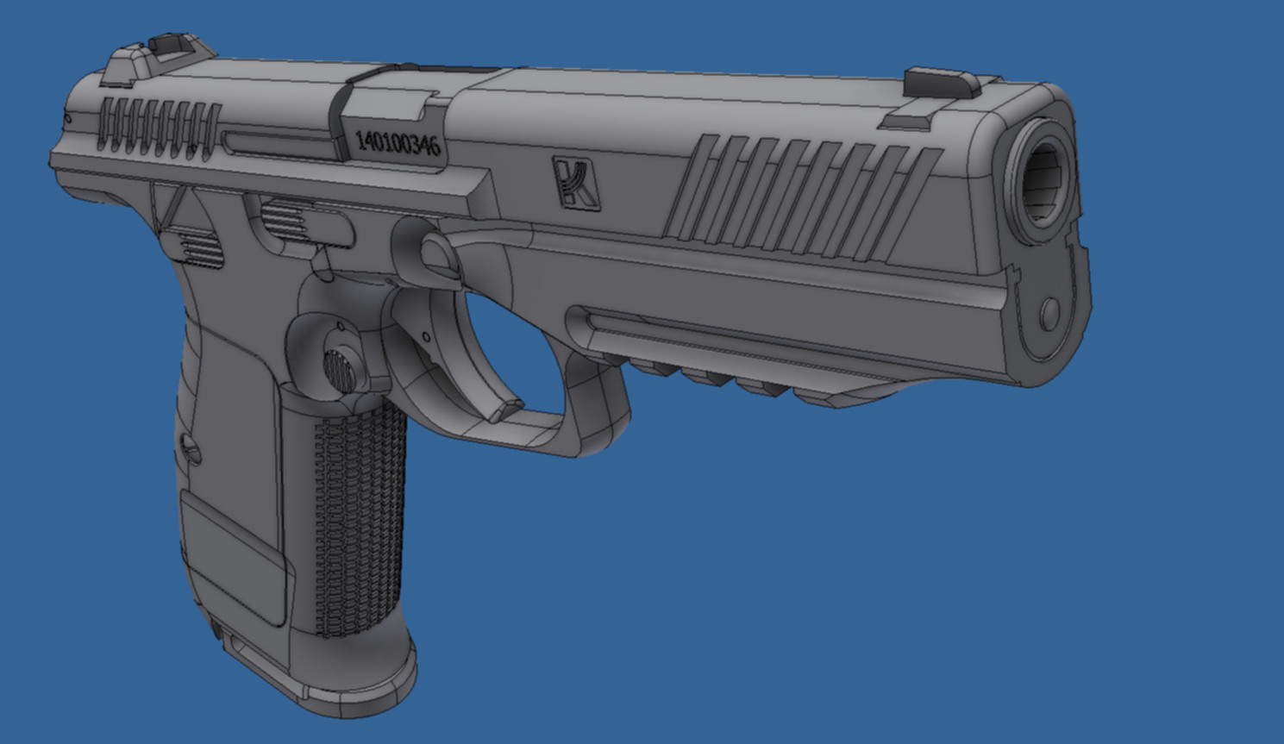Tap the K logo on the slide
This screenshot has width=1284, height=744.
[576, 183]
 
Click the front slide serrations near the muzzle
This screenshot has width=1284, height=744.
[803, 197]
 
